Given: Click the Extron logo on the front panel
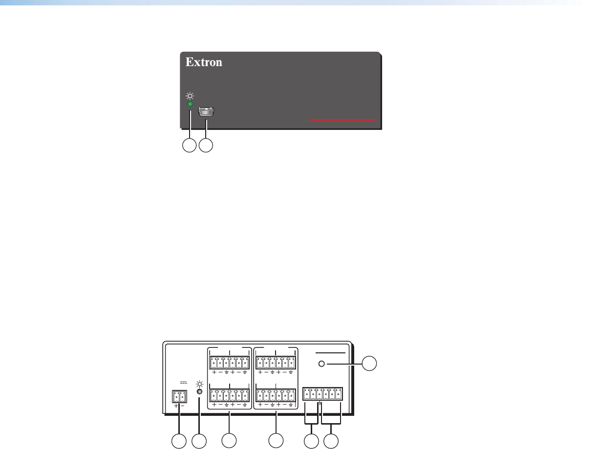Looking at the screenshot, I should coord(204,62).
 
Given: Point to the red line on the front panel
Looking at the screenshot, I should coord(343,119).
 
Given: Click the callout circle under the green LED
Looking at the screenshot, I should coord(189,145).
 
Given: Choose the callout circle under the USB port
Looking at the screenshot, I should coord(207,145).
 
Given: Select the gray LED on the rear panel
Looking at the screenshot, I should coord(199,391).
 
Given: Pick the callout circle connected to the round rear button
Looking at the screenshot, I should coord(370,363).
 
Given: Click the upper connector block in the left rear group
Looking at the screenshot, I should coord(230,363).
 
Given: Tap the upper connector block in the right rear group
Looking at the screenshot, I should coord(276,363).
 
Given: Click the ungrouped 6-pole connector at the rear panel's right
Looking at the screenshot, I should coord(322,393).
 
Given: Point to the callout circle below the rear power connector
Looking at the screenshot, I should coord(178,441).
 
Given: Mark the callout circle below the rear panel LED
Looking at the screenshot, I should coord(199,441).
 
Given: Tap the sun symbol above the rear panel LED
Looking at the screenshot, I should coord(199,383).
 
